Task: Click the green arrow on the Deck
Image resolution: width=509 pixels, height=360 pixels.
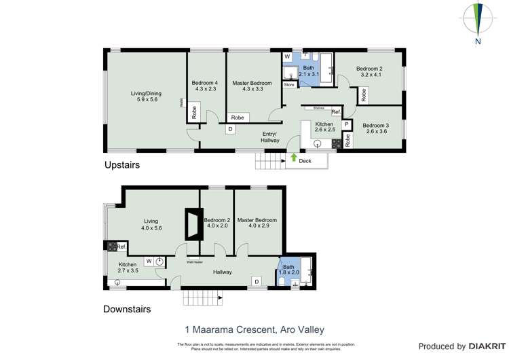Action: [x=293, y=158]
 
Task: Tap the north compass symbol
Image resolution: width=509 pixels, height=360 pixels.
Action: [x=478, y=20]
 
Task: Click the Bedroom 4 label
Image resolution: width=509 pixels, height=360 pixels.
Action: [x=205, y=86]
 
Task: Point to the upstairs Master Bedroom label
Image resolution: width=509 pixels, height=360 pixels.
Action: [x=252, y=86]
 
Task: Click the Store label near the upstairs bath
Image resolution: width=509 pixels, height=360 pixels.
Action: [x=290, y=85]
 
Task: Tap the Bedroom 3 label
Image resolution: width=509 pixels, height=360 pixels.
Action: [x=375, y=129]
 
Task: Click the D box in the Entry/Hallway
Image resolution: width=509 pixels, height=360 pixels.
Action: [x=230, y=128]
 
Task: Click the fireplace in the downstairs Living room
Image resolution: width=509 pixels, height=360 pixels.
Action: [x=193, y=223]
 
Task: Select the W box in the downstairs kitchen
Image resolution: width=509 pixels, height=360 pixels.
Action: [x=148, y=260]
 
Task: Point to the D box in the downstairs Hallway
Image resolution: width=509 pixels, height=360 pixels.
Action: [x=257, y=281]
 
